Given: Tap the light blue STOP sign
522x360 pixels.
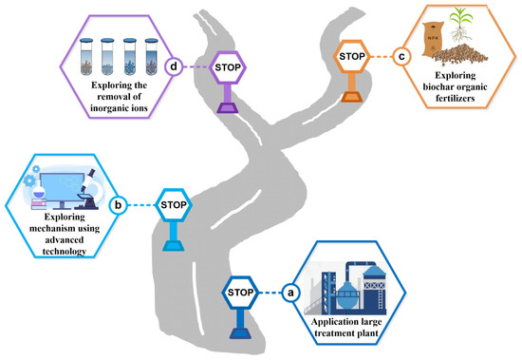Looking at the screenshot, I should click(x=173, y=204).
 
